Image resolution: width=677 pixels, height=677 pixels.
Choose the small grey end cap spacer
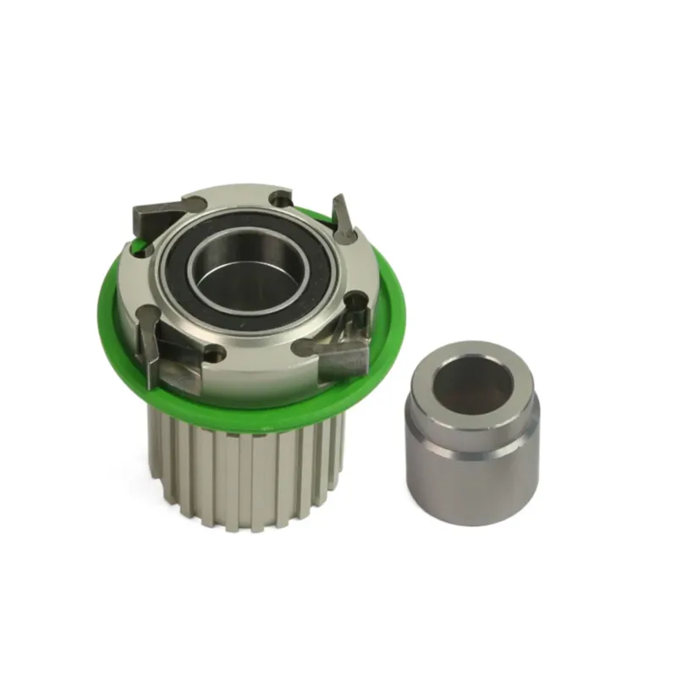471,432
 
